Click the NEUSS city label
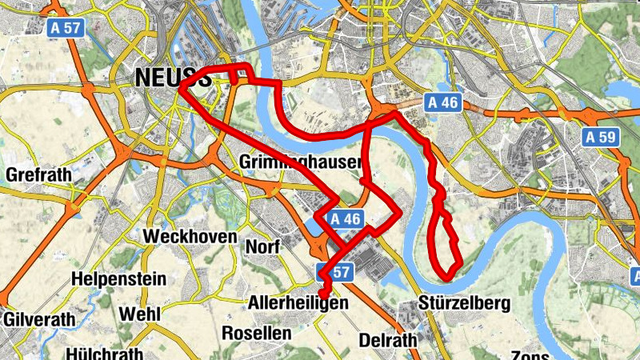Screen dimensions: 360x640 (165, 76)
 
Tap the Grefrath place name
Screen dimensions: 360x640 (38, 174)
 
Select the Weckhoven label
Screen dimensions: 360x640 (190, 237)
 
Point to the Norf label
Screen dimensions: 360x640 (263, 247)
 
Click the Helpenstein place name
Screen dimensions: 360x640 (118, 279)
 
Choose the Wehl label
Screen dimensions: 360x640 (140, 314)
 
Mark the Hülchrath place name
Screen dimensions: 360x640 (106, 353)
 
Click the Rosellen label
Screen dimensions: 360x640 (255, 332)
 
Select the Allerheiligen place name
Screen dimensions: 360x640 (299, 304)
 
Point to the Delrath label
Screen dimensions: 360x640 (388, 340)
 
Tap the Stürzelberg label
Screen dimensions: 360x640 (464, 304)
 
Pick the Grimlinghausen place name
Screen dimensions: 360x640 (301, 162)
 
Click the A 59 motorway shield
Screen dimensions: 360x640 (601, 138)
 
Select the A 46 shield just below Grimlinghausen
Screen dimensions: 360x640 (346, 218)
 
